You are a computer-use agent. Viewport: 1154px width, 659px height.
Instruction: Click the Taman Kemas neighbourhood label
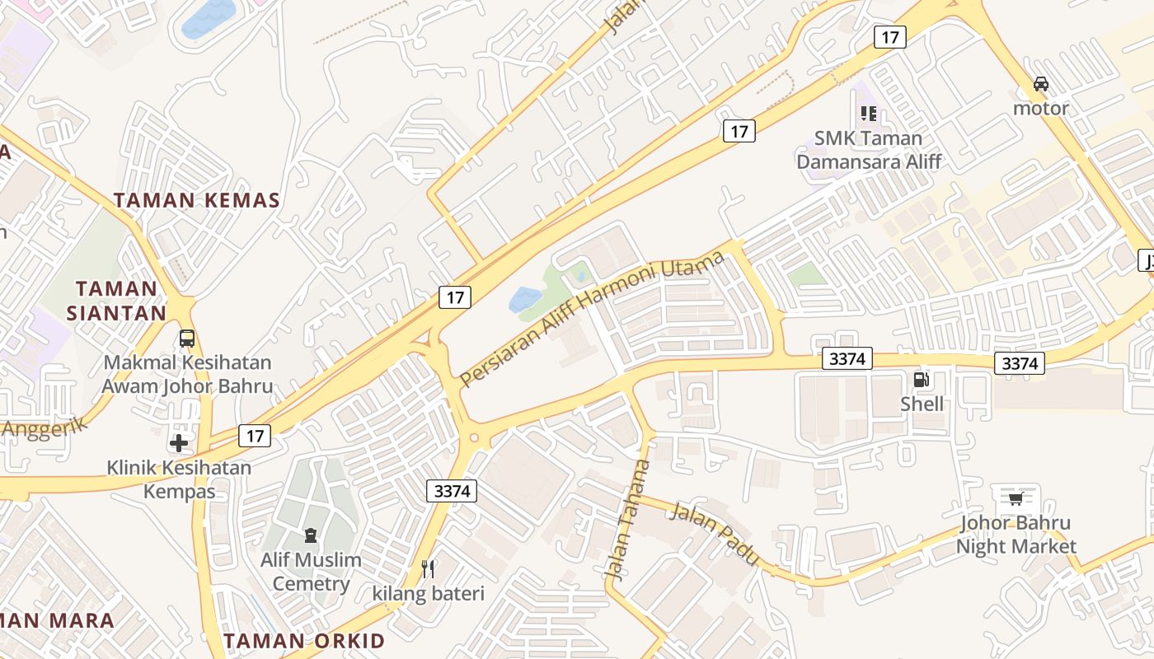tap(197, 200)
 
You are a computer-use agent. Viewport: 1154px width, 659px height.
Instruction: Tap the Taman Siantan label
tap(116, 301)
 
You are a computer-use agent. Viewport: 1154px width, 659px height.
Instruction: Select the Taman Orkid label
tap(304, 641)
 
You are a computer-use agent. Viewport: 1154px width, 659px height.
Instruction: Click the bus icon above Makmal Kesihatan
tap(187, 338)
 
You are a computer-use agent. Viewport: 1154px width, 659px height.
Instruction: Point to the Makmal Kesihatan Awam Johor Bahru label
tap(187, 374)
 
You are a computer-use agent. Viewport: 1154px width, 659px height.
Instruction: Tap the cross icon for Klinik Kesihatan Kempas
tap(179, 443)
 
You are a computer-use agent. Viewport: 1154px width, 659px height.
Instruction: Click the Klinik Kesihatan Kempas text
tap(180, 479)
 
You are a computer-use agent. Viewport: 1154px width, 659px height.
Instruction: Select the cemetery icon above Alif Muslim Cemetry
tap(311, 535)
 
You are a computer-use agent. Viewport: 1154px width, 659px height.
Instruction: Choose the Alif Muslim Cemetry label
tap(311, 572)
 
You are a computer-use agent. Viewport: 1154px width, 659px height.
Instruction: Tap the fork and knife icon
tap(428, 568)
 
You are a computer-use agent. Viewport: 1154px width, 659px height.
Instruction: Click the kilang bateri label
tap(429, 593)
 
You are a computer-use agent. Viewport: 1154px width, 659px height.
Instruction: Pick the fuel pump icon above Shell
tap(922, 380)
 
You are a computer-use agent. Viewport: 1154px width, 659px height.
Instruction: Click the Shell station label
tap(922, 404)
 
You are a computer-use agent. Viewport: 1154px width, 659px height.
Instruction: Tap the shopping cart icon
tap(1016, 498)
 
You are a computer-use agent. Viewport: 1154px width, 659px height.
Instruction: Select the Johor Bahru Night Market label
tap(1016, 535)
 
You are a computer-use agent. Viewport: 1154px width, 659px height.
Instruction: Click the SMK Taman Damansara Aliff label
tap(868, 149)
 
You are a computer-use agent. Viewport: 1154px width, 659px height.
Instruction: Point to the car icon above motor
tap(1041, 83)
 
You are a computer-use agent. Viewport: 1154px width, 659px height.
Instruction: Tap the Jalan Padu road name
tap(715, 534)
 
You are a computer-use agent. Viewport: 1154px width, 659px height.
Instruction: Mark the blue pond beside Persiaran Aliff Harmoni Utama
tap(525, 299)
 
